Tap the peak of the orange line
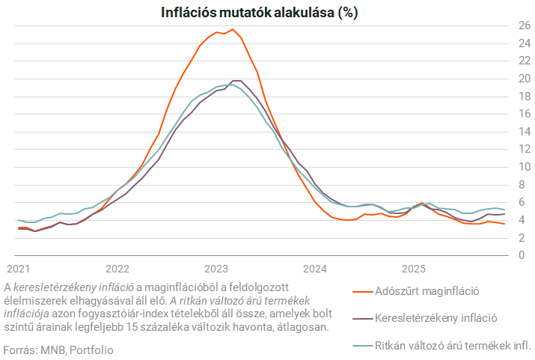(233, 29)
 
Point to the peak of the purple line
(236, 80)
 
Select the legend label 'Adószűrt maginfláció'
(426, 290)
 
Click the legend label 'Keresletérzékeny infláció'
(435, 317)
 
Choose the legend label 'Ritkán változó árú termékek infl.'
(452, 345)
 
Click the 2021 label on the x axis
(18, 268)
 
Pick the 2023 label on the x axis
(216, 268)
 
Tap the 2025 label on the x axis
(414, 268)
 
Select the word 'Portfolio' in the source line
(91, 350)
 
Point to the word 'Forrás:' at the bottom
(20, 350)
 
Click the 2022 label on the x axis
(117, 268)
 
